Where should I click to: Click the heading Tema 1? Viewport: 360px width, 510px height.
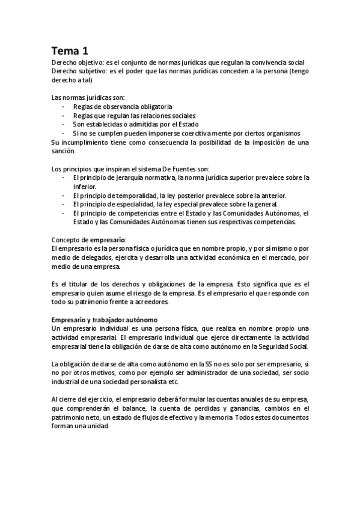(70, 51)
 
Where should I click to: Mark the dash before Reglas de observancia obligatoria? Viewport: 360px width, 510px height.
(64, 106)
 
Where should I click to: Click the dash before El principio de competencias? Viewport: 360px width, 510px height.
(64, 213)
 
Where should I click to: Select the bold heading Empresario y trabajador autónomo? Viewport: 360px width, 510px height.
(104, 319)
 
